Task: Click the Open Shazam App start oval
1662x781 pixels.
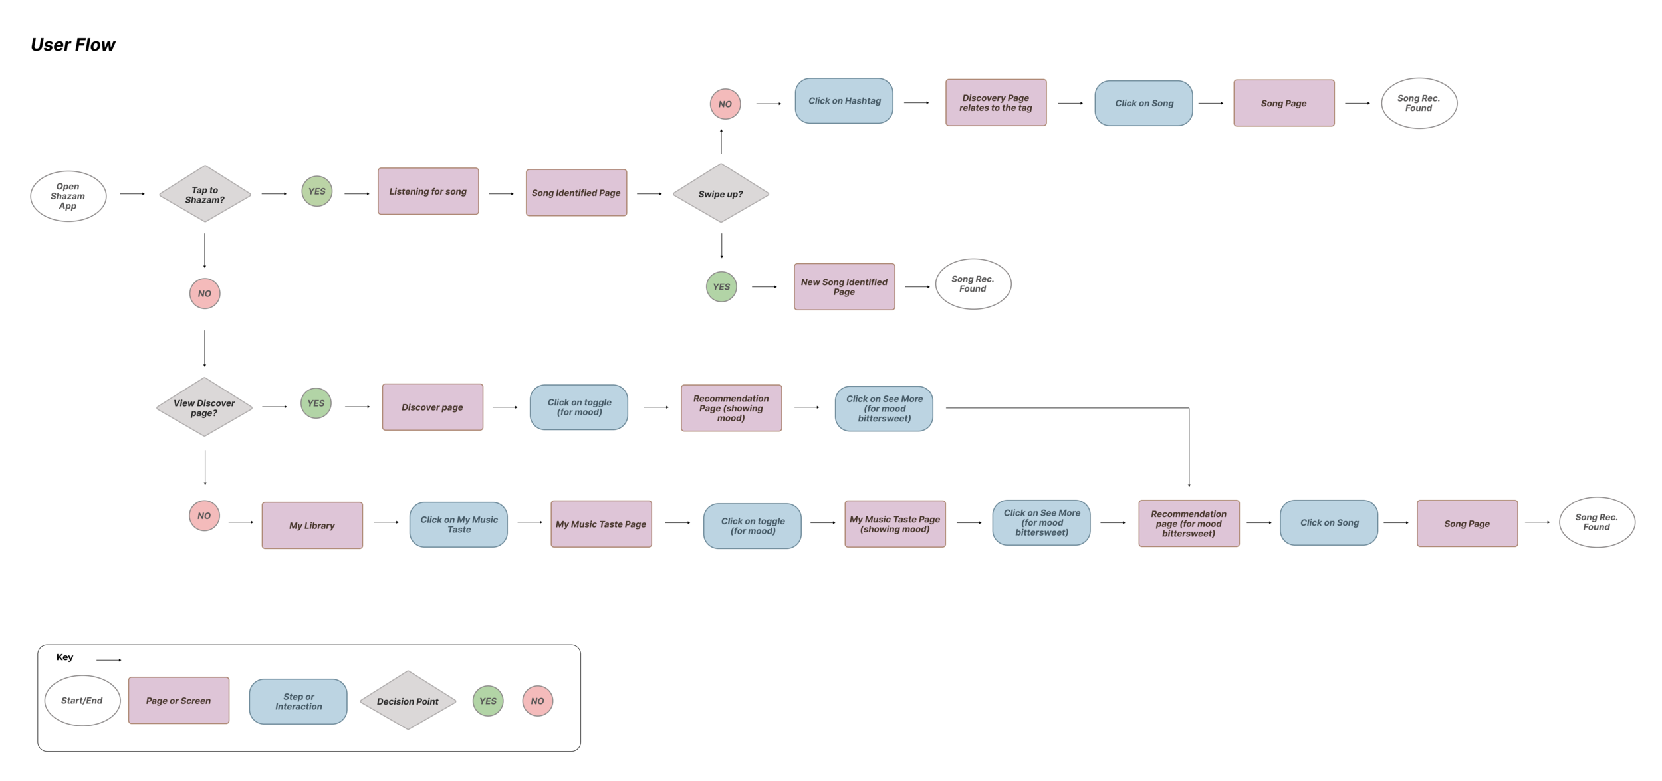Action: pos(68,196)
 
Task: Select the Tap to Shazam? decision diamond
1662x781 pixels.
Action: pos(205,194)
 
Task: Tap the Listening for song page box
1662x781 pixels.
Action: pos(428,191)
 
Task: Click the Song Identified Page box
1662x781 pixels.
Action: pos(576,193)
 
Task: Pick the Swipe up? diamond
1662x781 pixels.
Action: pos(721,193)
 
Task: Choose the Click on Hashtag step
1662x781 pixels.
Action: pos(844,101)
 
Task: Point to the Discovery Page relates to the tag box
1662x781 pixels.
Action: pos(995,103)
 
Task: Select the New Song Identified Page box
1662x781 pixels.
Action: pos(844,286)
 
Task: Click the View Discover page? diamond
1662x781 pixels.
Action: pos(204,407)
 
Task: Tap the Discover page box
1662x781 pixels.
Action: pos(432,407)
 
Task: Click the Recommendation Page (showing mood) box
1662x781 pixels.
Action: pos(731,408)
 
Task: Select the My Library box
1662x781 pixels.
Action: pos(312,525)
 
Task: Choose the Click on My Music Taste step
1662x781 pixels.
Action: pos(458,524)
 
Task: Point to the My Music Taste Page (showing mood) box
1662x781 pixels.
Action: pos(894,524)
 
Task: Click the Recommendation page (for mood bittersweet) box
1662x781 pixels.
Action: pos(1188,524)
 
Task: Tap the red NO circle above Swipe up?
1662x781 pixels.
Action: pos(725,104)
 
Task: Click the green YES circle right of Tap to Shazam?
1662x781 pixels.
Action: pos(316,191)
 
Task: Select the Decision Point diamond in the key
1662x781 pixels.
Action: pos(408,701)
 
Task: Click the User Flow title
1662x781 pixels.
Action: pos(73,45)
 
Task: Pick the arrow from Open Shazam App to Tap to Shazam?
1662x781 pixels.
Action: pos(132,194)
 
